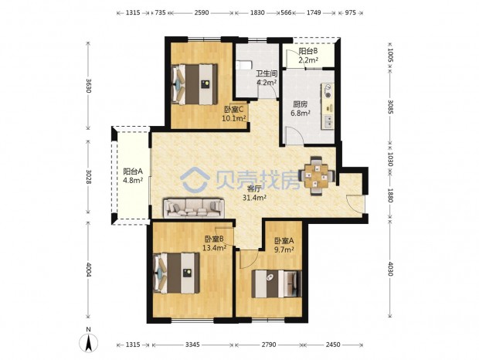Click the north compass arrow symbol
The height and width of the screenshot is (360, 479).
(x=88, y=342)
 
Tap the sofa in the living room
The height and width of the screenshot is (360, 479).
(x=194, y=209)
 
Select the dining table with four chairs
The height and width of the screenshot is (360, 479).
(x=317, y=175)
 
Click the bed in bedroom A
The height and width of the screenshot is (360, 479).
(x=277, y=284)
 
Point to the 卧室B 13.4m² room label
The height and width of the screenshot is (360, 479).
(x=215, y=243)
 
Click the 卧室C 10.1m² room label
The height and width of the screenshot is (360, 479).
(x=234, y=114)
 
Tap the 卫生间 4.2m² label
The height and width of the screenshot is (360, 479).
(x=267, y=78)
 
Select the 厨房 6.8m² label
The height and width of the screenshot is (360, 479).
(x=300, y=108)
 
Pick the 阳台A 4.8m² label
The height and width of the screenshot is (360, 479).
(x=133, y=175)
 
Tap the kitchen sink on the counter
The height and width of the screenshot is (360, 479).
(x=328, y=121)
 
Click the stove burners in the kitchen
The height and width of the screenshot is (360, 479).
(x=328, y=90)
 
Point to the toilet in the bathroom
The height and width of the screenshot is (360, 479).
(x=243, y=64)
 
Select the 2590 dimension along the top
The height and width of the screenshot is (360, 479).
(x=202, y=12)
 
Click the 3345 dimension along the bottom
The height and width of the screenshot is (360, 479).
(x=192, y=345)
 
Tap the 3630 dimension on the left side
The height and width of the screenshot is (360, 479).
(x=88, y=86)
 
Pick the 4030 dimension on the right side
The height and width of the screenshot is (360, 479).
(x=390, y=268)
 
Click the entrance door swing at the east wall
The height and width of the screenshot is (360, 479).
(x=355, y=203)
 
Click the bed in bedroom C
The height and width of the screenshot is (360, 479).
(x=195, y=84)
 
